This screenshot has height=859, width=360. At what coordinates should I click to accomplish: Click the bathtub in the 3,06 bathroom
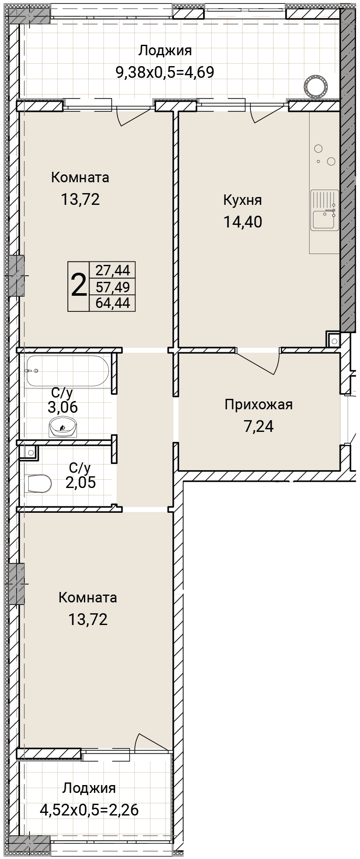[67, 371]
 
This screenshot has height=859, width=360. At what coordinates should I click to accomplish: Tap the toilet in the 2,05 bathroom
[39, 483]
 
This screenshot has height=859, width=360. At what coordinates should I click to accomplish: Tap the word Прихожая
[259, 404]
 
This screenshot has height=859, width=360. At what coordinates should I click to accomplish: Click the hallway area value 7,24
[259, 426]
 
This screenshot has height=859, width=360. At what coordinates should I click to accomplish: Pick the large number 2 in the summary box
[78, 286]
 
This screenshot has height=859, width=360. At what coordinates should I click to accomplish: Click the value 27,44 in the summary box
[113, 271]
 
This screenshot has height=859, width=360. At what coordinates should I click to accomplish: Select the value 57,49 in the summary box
[113, 287]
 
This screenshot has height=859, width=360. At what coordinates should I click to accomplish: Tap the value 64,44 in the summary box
[113, 303]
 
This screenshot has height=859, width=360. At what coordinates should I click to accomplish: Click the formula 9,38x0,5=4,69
[165, 72]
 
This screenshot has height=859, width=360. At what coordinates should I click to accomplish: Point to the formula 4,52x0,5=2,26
[89, 810]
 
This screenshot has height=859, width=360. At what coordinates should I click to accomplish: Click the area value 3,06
[63, 408]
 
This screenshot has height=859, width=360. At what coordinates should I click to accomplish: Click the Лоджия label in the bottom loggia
[89, 788]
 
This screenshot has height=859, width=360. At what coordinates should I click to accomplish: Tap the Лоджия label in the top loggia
[165, 50]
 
